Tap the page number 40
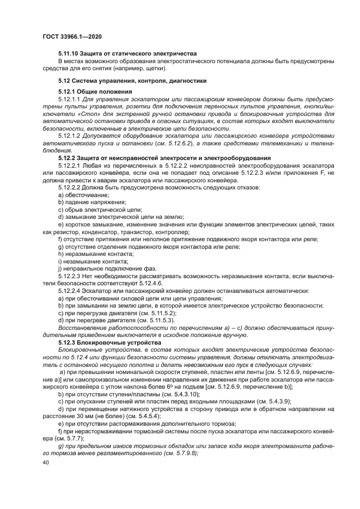tap(45, 462)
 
